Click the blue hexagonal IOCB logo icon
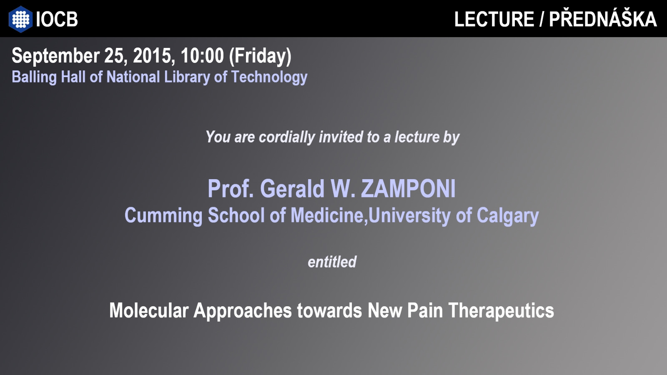(20, 19)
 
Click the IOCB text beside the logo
(57, 19)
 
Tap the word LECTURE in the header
(494, 19)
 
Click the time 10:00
(202, 56)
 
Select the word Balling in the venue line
(34, 77)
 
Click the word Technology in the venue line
(269, 77)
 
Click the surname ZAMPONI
(408, 189)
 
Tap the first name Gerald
(292, 189)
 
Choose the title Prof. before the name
(231, 189)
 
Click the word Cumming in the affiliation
(163, 216)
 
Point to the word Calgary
(508, 216)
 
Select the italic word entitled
(332, 262)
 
